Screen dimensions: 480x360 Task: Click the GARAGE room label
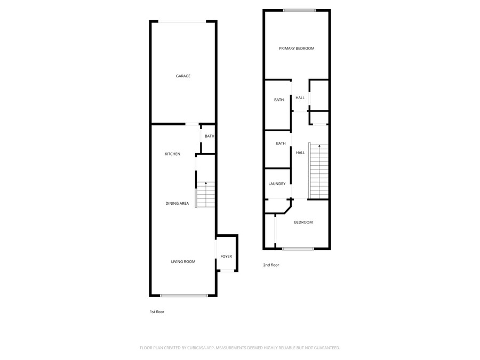tap(183, 76)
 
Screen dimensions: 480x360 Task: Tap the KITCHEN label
tap(172, 154)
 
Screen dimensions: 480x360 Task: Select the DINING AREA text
tap(177, 203)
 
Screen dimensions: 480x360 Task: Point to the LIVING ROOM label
tap(183, 261)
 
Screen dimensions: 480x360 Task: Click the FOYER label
tap(226, 256)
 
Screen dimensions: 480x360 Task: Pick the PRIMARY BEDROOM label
tap(297, 49)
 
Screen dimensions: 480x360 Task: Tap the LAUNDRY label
tap(277, 183)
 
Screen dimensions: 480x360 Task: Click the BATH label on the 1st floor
tap(210, 136)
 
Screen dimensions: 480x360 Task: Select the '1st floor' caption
tap(157, 311)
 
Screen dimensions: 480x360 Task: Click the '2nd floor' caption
tap(271, 265)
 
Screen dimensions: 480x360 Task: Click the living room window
tap(185, 295)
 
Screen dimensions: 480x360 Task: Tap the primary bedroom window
tap(299, 11)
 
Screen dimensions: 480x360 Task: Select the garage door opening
tap(182, 21)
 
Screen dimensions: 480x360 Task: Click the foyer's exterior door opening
tap(227, 270)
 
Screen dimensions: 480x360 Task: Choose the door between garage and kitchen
tap(192, 124)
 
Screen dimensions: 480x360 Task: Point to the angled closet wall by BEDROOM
tap(287, 210)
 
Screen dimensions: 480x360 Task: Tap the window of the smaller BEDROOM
tap(298, 249)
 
